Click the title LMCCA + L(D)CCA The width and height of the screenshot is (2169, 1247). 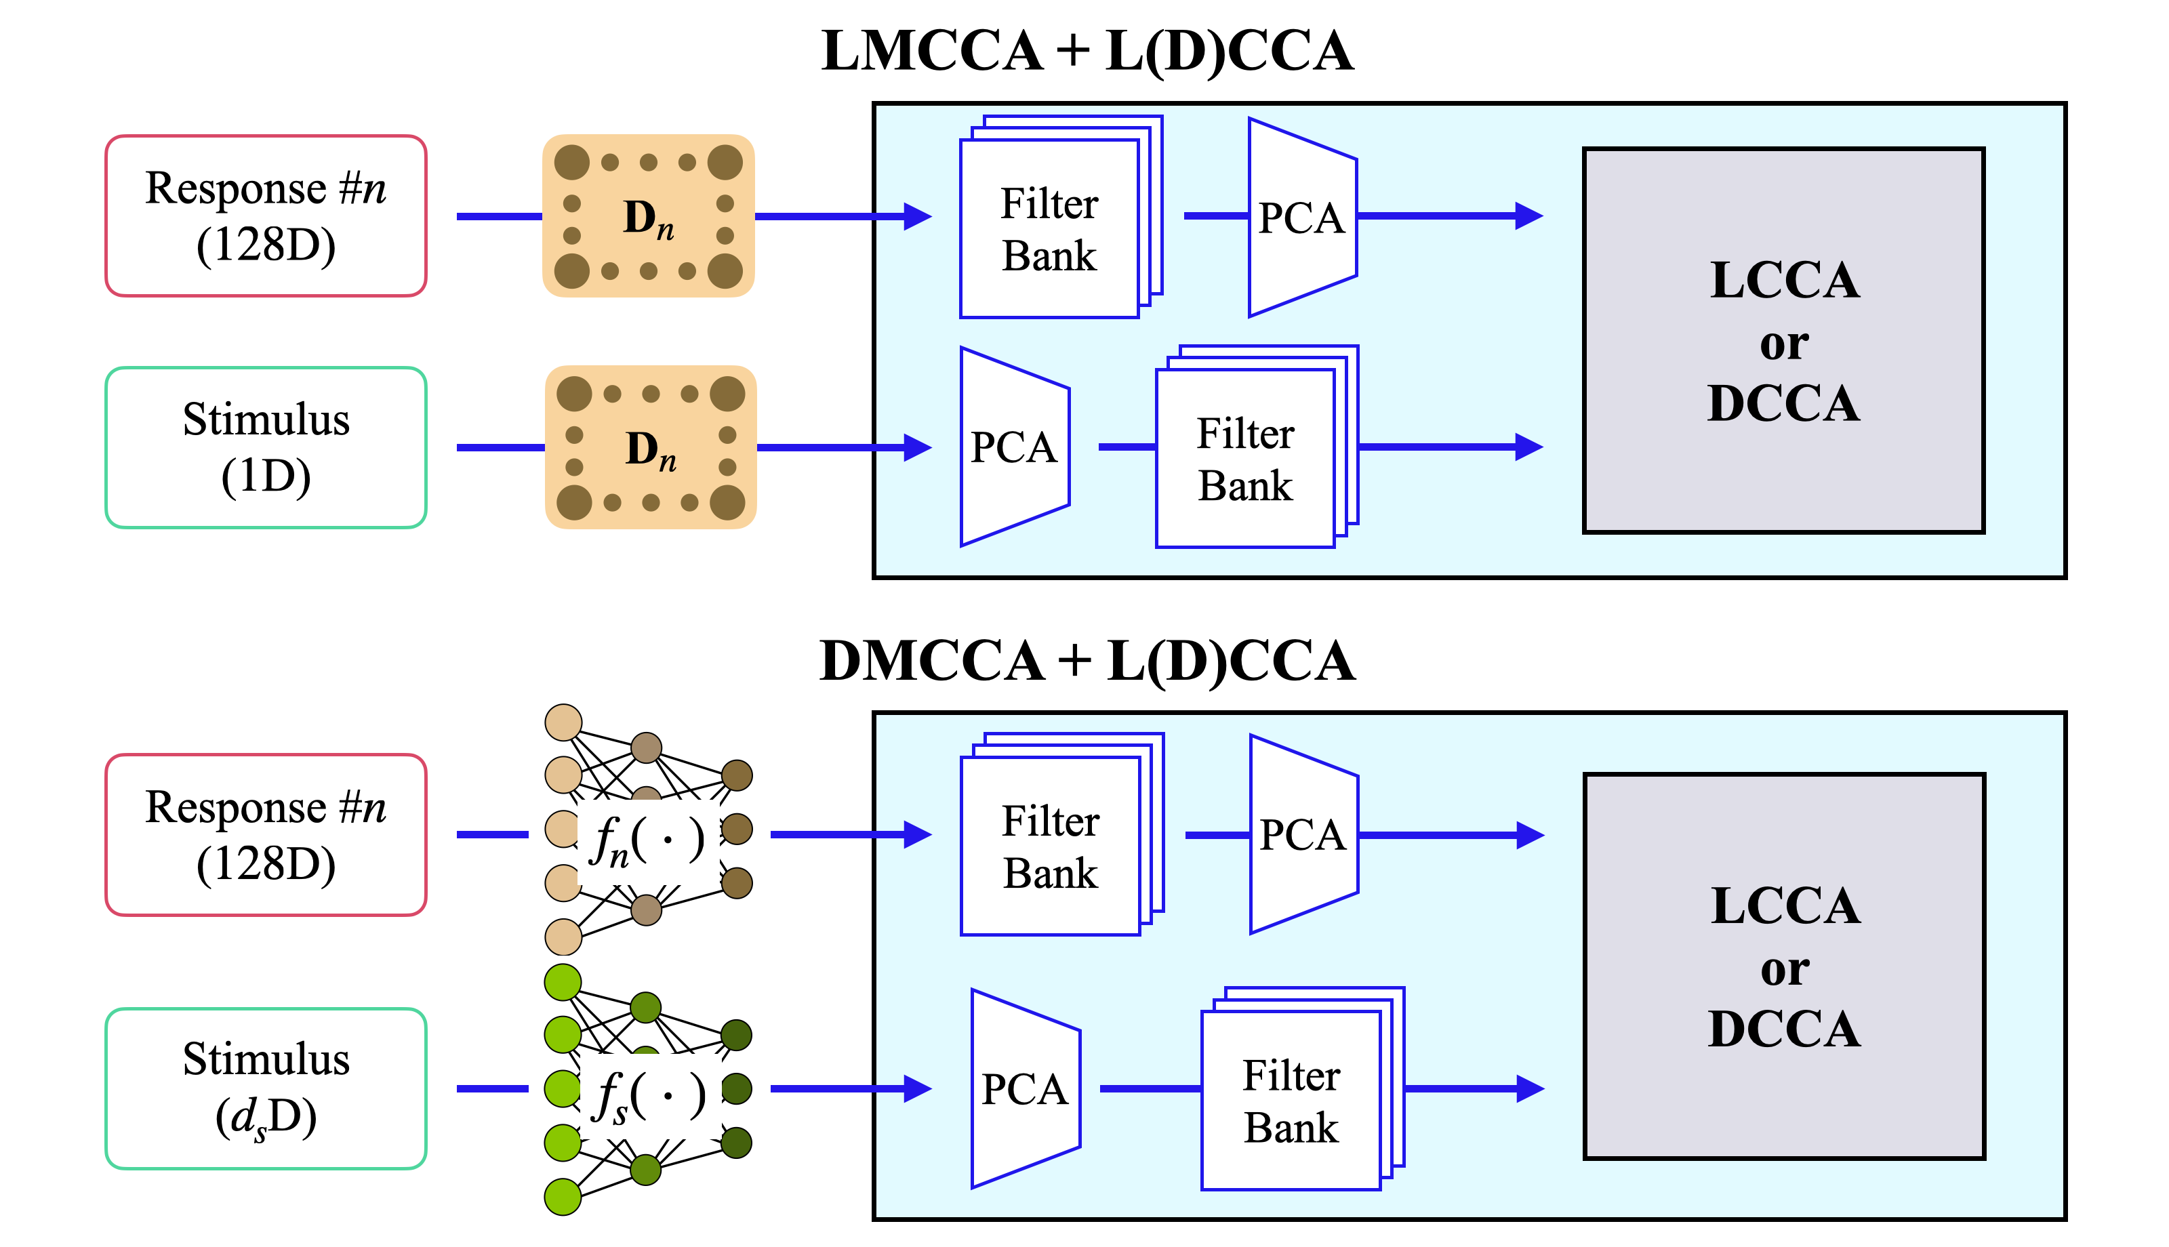coord(1087,52)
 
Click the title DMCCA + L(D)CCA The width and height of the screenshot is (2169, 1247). coord(1087,661)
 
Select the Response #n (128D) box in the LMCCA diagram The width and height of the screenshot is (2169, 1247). coord(266,216)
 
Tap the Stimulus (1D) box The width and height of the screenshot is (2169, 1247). coord(266,448)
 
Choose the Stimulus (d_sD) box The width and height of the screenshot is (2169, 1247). coord(266,1088)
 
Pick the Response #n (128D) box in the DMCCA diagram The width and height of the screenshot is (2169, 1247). coord(266,835)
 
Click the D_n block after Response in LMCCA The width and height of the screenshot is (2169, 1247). coord(648,216)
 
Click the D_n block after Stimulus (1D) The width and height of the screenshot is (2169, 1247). coord(651,447)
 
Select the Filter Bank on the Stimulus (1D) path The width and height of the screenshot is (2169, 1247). coord(1257,446)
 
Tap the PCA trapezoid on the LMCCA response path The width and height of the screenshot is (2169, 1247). coord(1303,218)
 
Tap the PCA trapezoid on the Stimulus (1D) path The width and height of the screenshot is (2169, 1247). coord(1015,446)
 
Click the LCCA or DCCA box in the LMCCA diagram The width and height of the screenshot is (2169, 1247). coord(1784,341)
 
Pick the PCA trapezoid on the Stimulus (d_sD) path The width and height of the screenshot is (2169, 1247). coord(1026,1088)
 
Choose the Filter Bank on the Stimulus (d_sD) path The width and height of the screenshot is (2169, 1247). coord(1303,1088)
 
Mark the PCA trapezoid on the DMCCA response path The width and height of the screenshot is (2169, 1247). coord(1304,834)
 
